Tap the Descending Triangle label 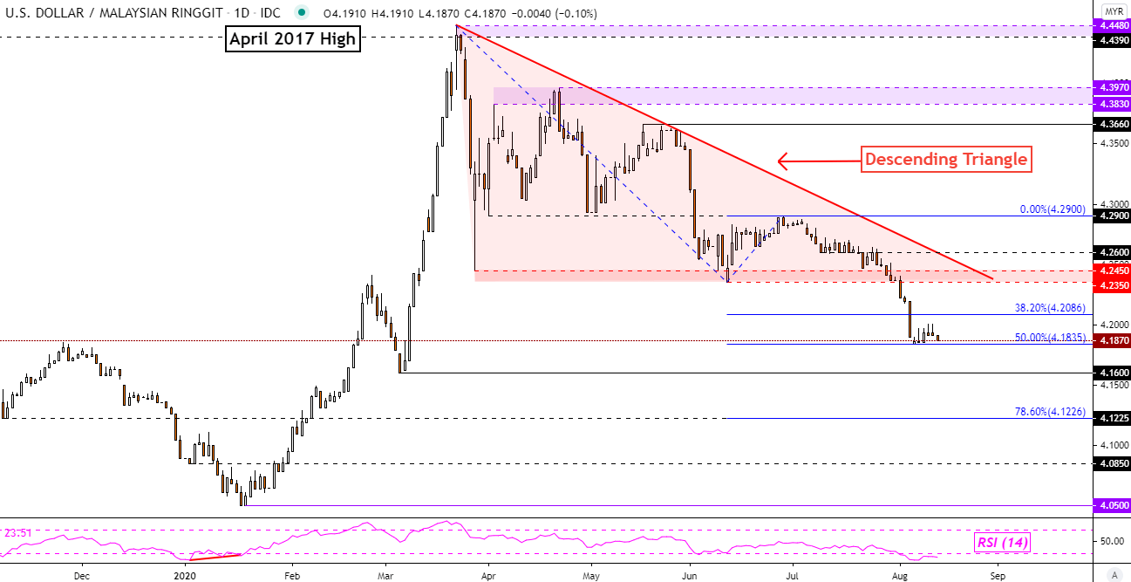click(x=944, y=160)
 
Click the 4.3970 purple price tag click(x=1114, y=87)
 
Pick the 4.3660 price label click(x=1114, y=124)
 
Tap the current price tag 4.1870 click(x=1114, y=341)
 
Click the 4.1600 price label click(x=1114, y=373)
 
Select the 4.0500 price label click(x=1114, y=505)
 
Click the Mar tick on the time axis click(x=385, y=576)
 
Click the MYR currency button click(x=1114, y=10)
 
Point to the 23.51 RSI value click(x=19, y=532)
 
